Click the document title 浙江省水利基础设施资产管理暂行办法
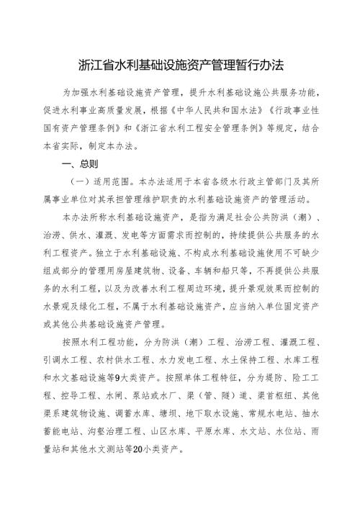point(180,66)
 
